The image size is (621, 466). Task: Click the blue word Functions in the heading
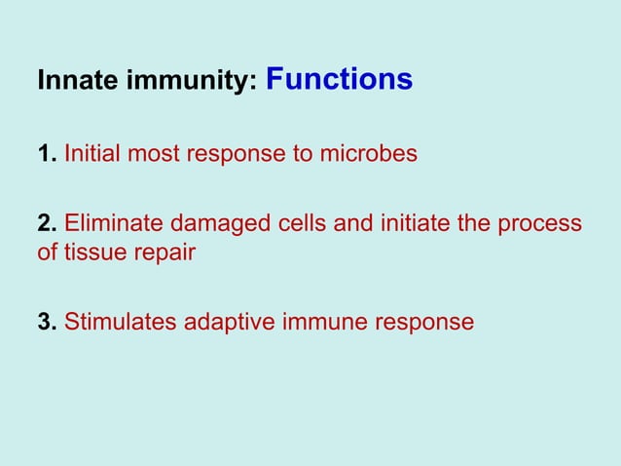pyautogui.click(x=339, y=79)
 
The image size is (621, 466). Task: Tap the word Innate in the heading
pyautogui.click(x=69, y=82)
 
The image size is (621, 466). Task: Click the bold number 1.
pyautogui.click(x=46, y=154)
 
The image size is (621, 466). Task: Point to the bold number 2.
pyautogui.click(x=46, y=224)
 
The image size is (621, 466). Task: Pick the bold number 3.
pyautogui.click(x=46, y=322)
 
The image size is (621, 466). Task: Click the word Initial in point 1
pyautogui.click(x=93, y=154)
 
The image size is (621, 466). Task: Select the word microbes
pyautogui.click(x=374, y=154)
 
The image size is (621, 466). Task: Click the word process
pyautogui.click(x=539, y=225)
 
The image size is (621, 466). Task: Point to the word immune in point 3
pyautogui.click(x=318, y=322)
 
